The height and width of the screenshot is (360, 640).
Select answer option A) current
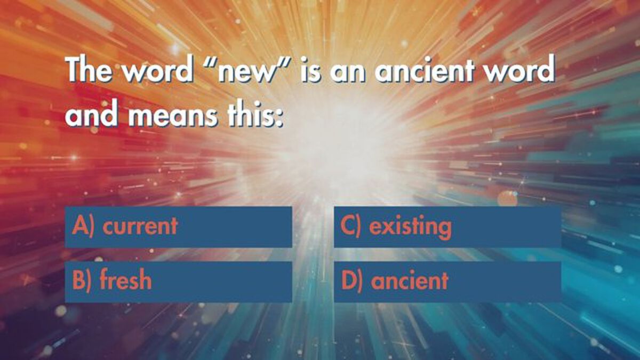[x=178, y=227]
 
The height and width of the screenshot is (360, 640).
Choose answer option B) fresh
[x=178, y=282]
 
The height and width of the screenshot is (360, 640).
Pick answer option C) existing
[x=447, y=227]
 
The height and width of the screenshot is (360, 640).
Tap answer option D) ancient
[x=447, y=282]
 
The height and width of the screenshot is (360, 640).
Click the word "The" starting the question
[x=89, y=69]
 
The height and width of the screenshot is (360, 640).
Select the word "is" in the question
[x=310, y=69]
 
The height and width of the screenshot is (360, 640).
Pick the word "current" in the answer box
[x=140, y=226]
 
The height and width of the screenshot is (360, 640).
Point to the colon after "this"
[x=280, y=118]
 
